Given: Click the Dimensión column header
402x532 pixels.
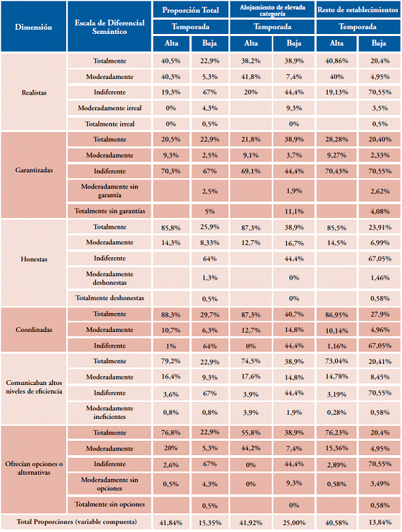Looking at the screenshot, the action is pyautogui.click(x=33, y=27).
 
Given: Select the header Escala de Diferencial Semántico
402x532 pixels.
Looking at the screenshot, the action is pyautogui.click(x=110, y=27).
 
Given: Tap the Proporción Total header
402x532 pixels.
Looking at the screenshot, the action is pyautogui.click(x=190, y=10).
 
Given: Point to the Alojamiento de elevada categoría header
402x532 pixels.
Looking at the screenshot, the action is pyautogui.click(x=273, y=10).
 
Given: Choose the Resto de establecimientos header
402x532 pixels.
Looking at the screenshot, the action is pyautogui.click(x=358, y=10).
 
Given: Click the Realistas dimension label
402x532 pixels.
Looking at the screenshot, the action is pyautogui.click(x=34, y=93).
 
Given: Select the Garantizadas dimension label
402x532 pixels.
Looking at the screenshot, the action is pyautogui.click(x=34, y=170).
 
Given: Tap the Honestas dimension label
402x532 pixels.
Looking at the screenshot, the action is pyautogui.click(x=34, y=259).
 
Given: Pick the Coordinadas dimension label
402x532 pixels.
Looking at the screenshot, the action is pyautogui.click(x=34, y=329).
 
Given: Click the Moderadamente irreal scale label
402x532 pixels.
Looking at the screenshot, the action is pyautogui.click(x=110, y=108).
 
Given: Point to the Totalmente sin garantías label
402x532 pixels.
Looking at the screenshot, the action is pyautogui.click(x=110, y=211).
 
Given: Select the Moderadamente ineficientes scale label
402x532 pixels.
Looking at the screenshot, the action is pyautogui.click(x=110, y=412).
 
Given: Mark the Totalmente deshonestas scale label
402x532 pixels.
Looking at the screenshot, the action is pyautogui.click(x=110, y=298).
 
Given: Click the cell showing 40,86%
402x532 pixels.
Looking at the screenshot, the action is pyautogui.click(x=337, y=61).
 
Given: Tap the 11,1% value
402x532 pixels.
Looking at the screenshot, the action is pyautogui.click(x=294, y=212).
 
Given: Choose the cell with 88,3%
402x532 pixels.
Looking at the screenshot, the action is pyautogui.click(x=170, y=314).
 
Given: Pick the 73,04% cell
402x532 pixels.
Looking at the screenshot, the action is pyautogui.click(x=337, y=361).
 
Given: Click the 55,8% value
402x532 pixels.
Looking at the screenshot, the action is pyautogui.click(x=251, y=433).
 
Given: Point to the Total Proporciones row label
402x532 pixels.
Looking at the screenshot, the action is pyautogui.click(x=77, y=522).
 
